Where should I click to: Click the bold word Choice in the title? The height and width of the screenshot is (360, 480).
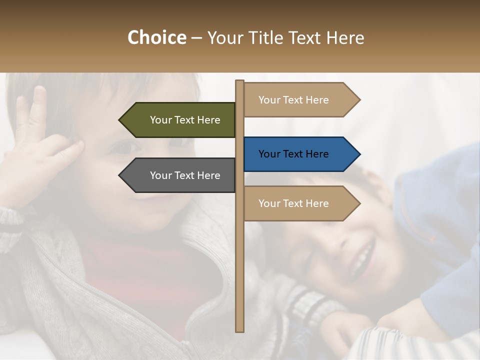click(156, 38)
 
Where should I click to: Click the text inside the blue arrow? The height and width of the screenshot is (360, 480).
click(293, 154)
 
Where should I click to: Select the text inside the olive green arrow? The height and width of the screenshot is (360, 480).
click(185, 120)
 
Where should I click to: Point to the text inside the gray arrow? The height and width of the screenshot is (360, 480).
click(185, 175)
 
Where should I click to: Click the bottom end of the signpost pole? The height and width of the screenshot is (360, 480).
click(240, 329)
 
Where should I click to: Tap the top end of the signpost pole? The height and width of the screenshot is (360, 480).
click(240, 82)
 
